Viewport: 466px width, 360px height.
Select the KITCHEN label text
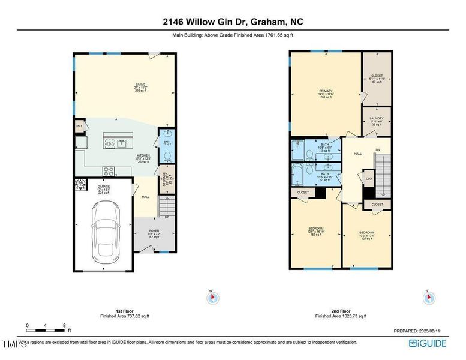(142, 155)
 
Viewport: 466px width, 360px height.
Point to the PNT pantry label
(79, 126)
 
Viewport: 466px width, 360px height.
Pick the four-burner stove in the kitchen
(109, 170)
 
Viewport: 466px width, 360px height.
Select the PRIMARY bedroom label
(326, 91)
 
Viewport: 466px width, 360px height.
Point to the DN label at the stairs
(377, 149)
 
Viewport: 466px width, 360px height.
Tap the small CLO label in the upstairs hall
(369, 178)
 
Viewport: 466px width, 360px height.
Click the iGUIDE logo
(428, 343)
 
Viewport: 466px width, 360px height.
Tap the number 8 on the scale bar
(64, 325)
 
